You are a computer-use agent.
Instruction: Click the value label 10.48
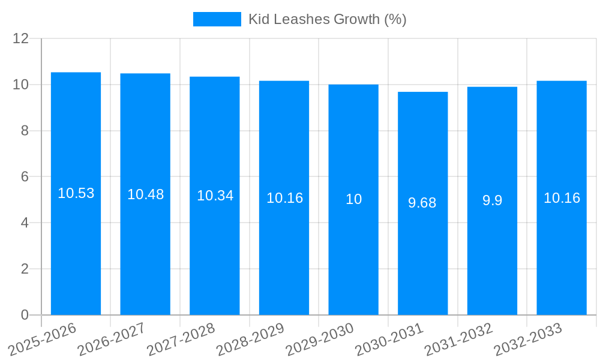145,194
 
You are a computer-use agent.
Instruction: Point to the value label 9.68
422,203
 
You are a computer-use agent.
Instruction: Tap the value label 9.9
492,200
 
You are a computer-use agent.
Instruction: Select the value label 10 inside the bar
353,199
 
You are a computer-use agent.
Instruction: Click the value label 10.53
76,193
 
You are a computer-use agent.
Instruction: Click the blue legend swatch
217,19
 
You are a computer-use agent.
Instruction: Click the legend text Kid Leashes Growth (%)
328,19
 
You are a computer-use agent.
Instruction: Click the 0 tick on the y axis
25,315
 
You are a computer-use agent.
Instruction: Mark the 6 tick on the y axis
25,177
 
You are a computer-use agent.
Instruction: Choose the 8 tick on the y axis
25,131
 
